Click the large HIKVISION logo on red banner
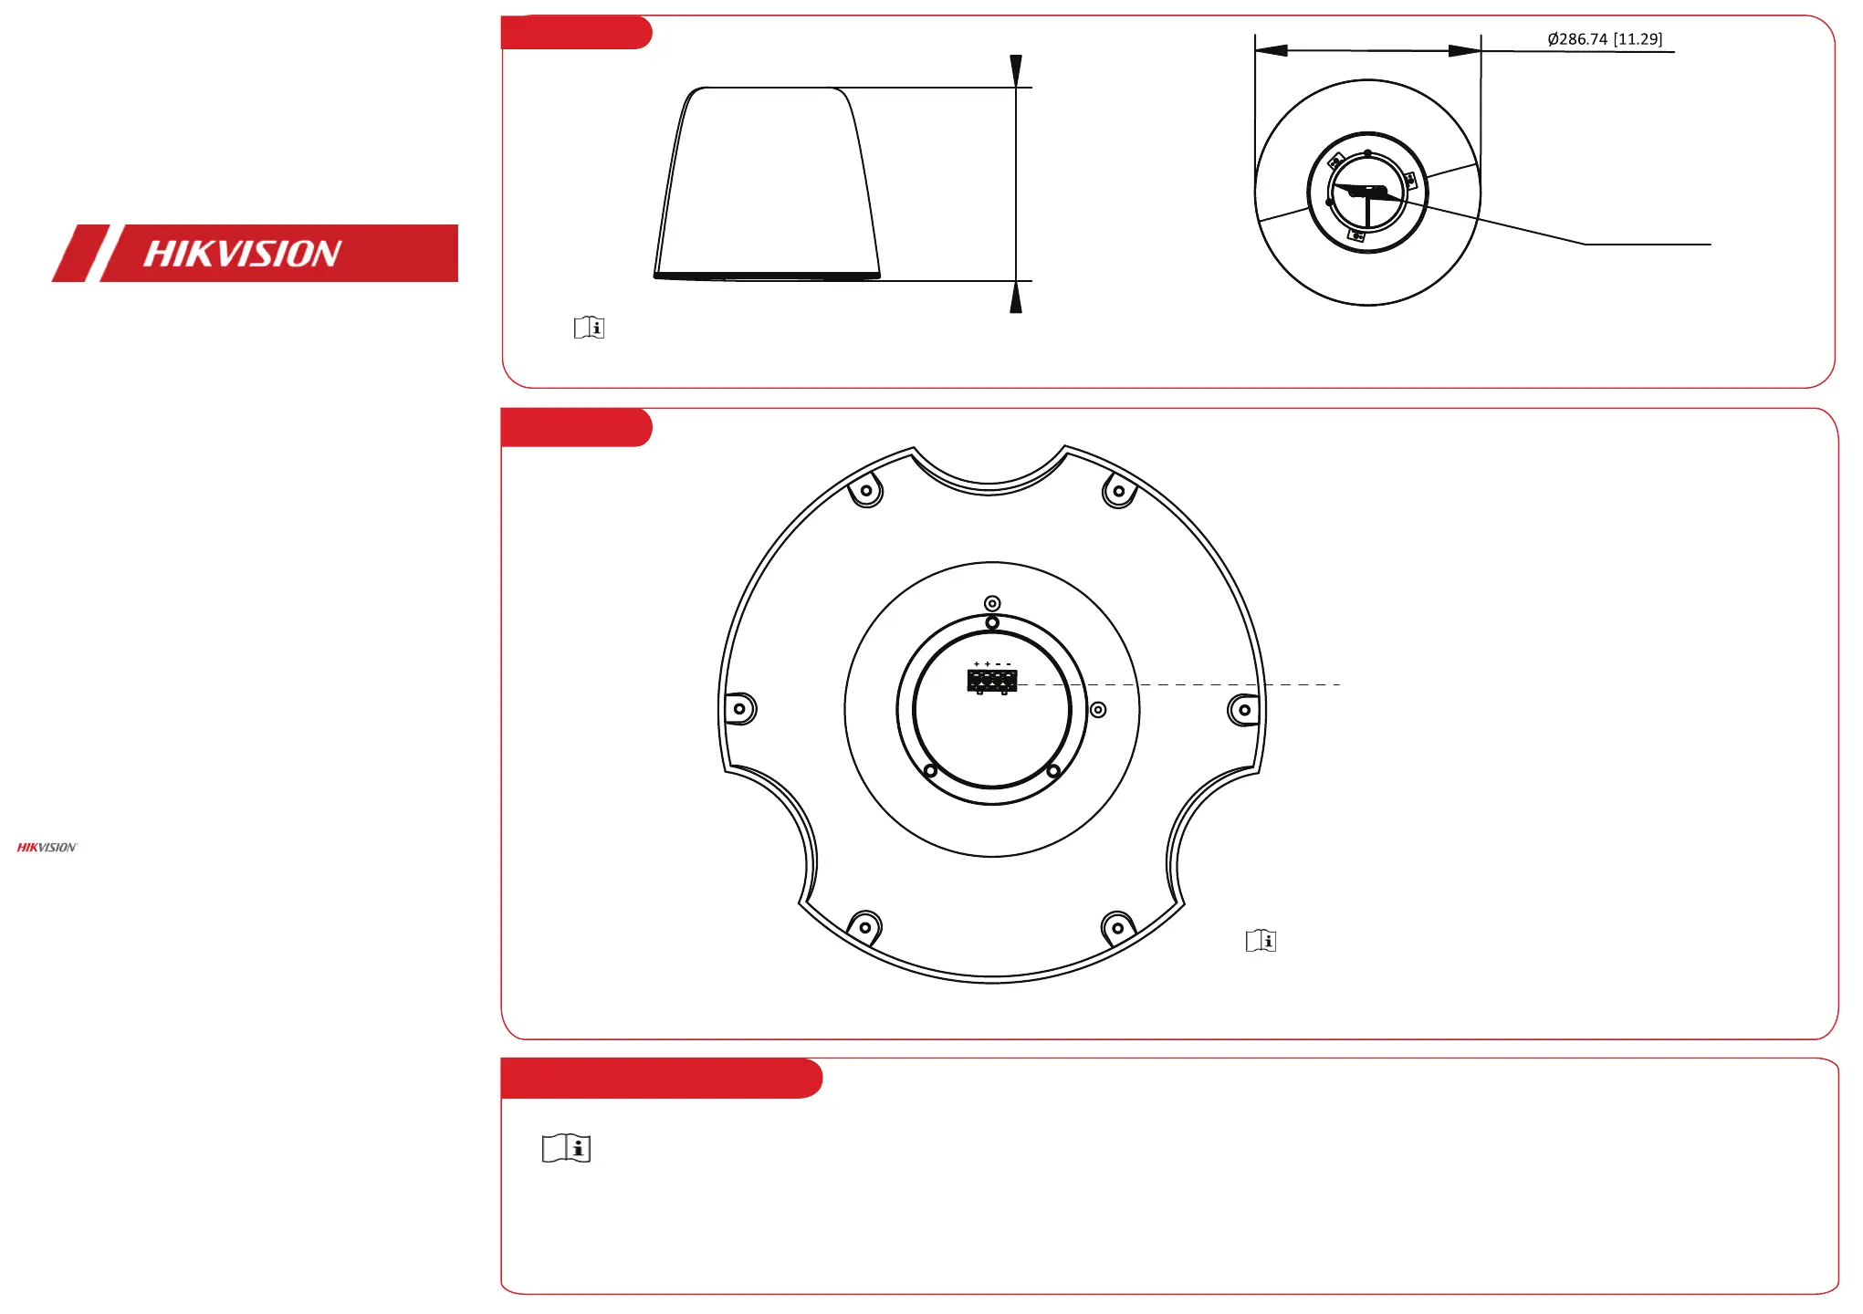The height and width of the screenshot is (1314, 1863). tap(255, 253)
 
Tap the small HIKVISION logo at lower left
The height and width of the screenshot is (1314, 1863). tap(47, 848)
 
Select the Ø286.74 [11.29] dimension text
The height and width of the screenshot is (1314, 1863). tap(1605, 39)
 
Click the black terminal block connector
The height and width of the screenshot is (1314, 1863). tap(992, 681)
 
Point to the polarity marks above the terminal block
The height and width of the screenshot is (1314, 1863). tap(992, 664)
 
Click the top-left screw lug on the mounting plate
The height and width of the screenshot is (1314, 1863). tap(865, 491)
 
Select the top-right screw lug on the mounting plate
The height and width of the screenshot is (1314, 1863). tap(1119, 491)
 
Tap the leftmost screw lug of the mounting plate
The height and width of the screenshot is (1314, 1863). tap(740, 709)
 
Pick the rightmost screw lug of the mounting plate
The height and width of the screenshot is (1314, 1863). tap(1244, 710)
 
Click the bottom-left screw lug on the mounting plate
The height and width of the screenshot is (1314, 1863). tap(864, 928)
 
